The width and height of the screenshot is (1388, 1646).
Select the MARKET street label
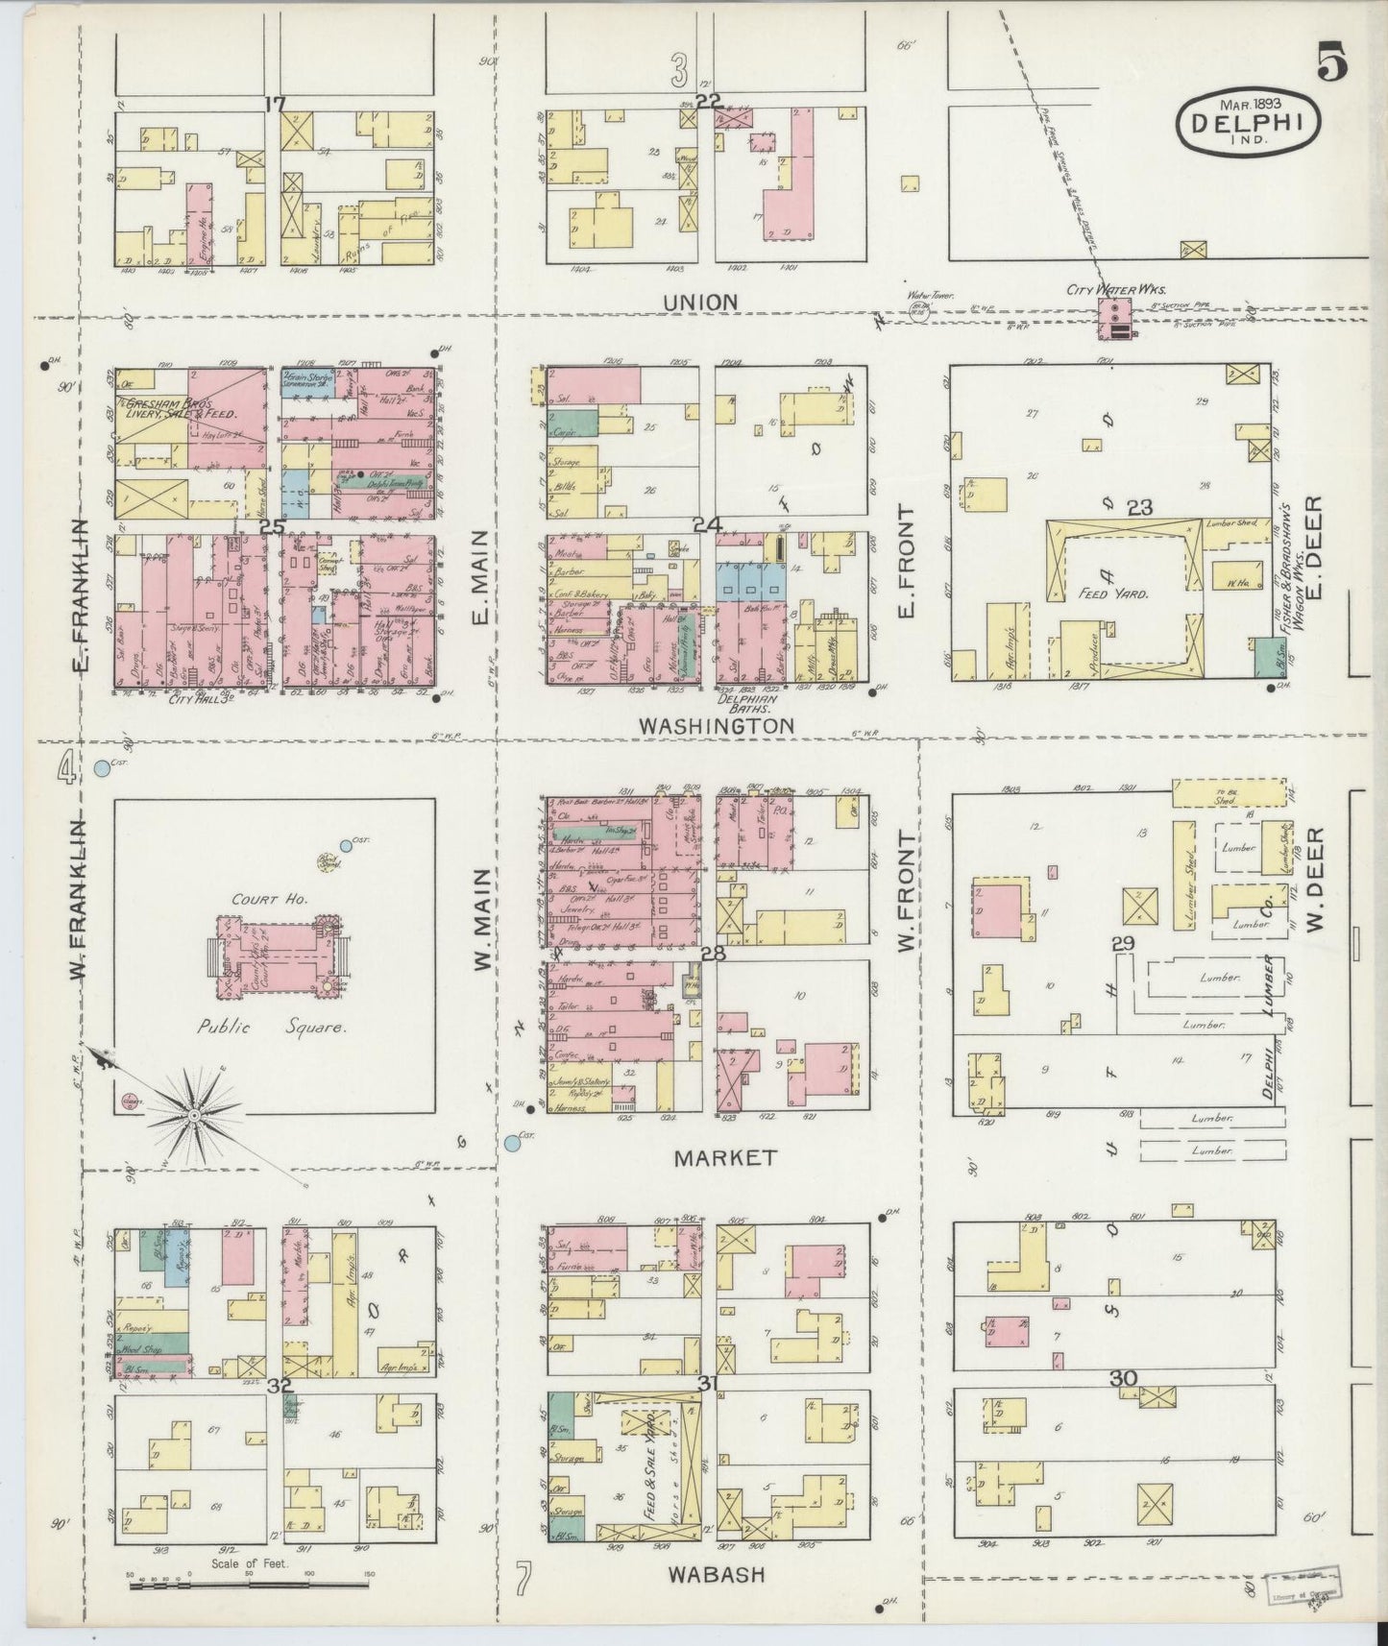point(724,1158)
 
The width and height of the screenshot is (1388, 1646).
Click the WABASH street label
point(716,1574)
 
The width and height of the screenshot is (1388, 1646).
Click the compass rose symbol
point(195,1112)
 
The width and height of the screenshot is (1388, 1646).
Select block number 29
point(1122,944)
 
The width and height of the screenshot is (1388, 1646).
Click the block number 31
point(709,1383)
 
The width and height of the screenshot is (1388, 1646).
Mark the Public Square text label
point(272,1027)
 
